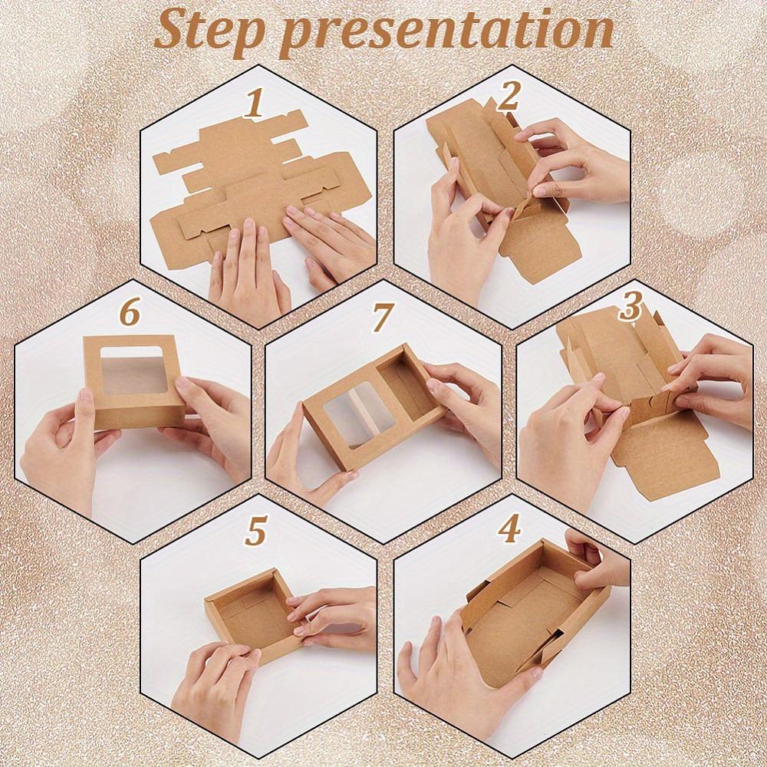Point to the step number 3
(630, 307)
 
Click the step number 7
(381, 316)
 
